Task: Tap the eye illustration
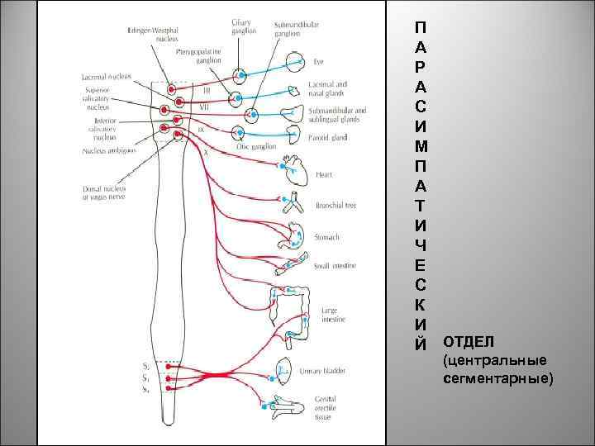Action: [x=297, y=62]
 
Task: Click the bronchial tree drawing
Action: [x=295, y=206]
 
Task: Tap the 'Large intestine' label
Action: [x=333, y=315]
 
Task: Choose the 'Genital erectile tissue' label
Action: [x=323, y=408]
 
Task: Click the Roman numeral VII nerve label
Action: [x=203, y=107]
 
